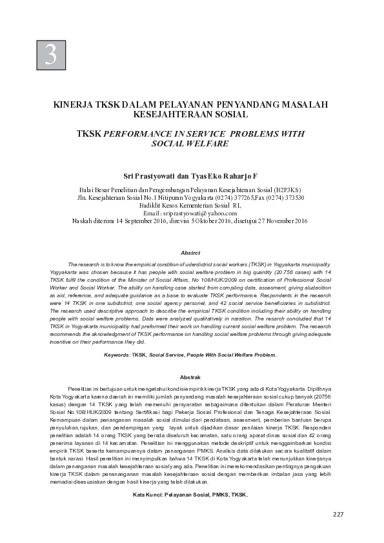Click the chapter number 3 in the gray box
coord(50,55)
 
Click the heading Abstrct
coord(190,253)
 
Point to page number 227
coord(338,514)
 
